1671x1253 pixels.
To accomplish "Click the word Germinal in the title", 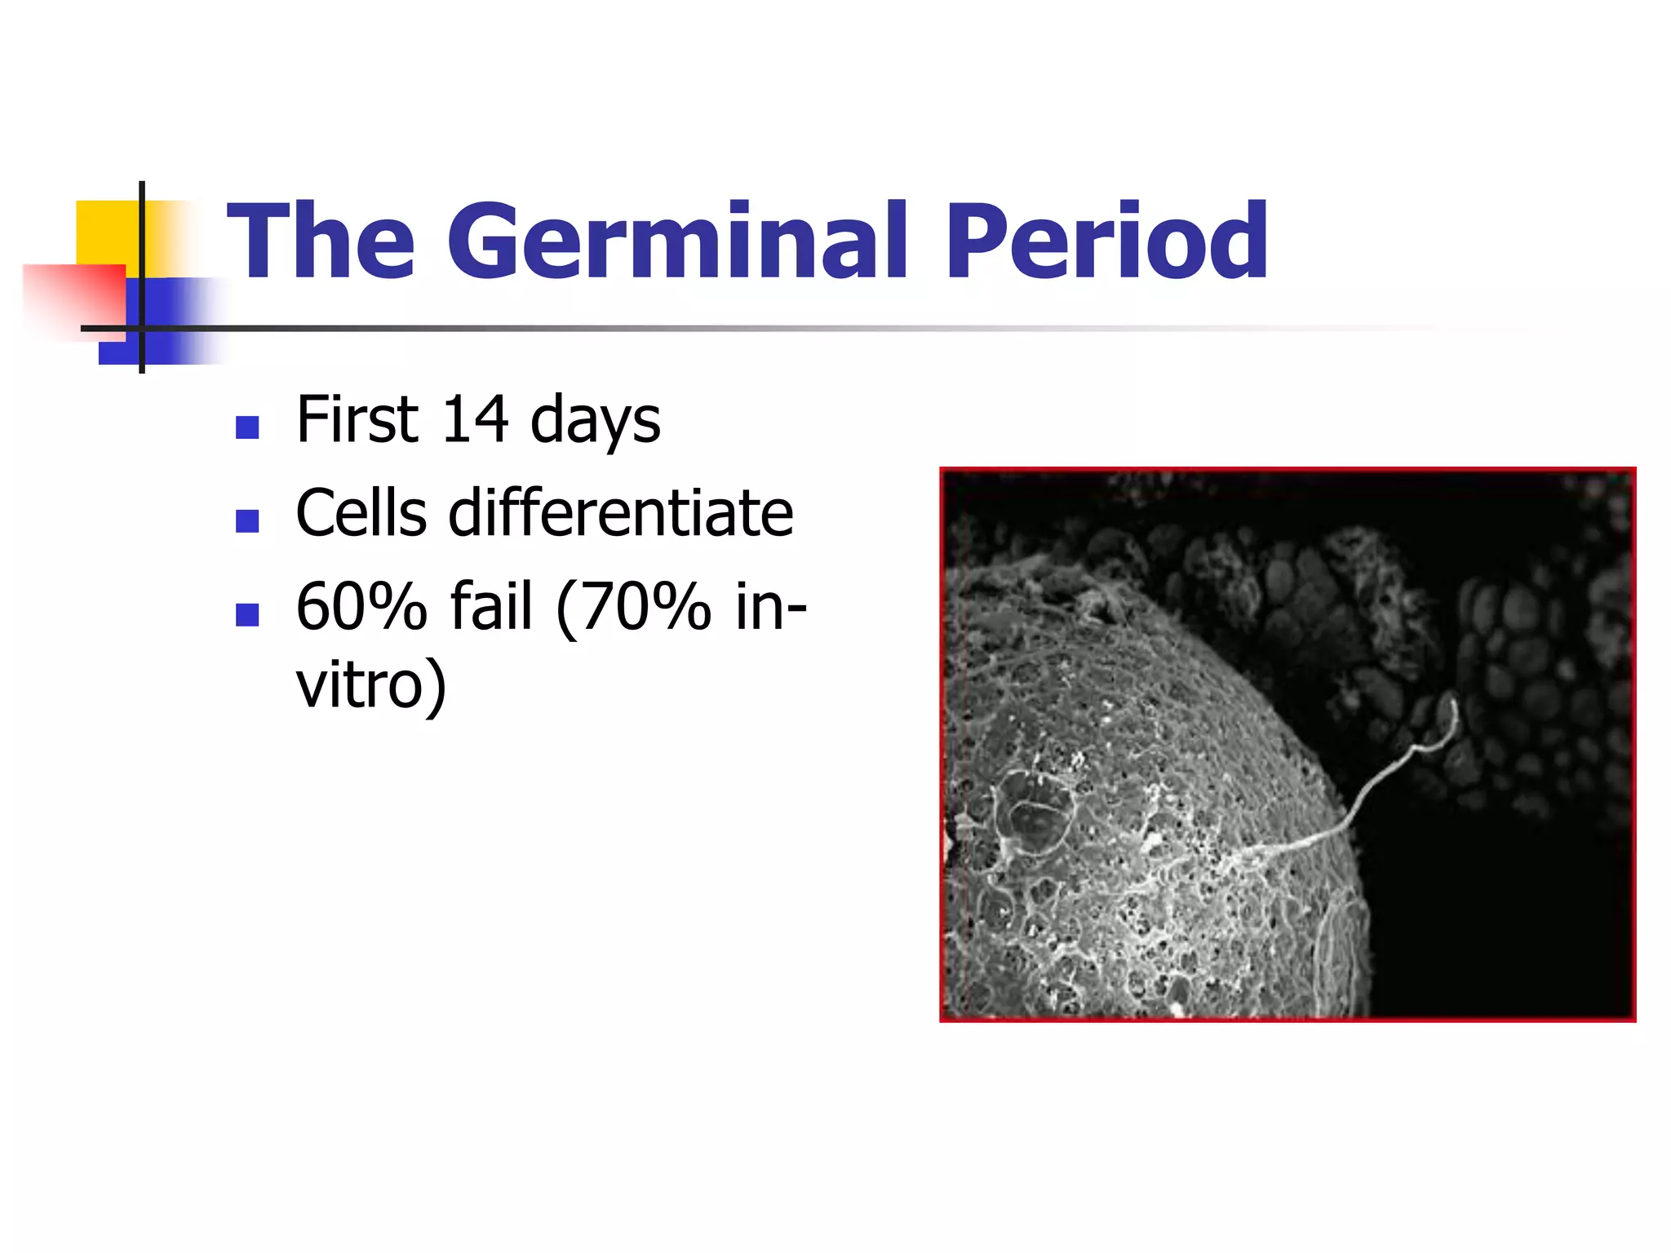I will click(676, 241).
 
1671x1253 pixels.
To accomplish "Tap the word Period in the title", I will click(1106, 241).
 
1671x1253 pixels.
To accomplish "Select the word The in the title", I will click(321, 241).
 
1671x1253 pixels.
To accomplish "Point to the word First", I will click(357, 420).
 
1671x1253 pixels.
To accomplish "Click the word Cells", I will click(361, 513).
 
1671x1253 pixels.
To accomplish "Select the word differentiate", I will click(620, 513).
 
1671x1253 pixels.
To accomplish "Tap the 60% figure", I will click(361, 607).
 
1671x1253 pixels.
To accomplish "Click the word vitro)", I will click(371, 685).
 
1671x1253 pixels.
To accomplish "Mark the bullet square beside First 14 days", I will click(247, 427).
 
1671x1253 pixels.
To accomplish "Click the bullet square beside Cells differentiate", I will click(247, 521).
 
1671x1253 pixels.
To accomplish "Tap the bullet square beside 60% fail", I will click(247, 614).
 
